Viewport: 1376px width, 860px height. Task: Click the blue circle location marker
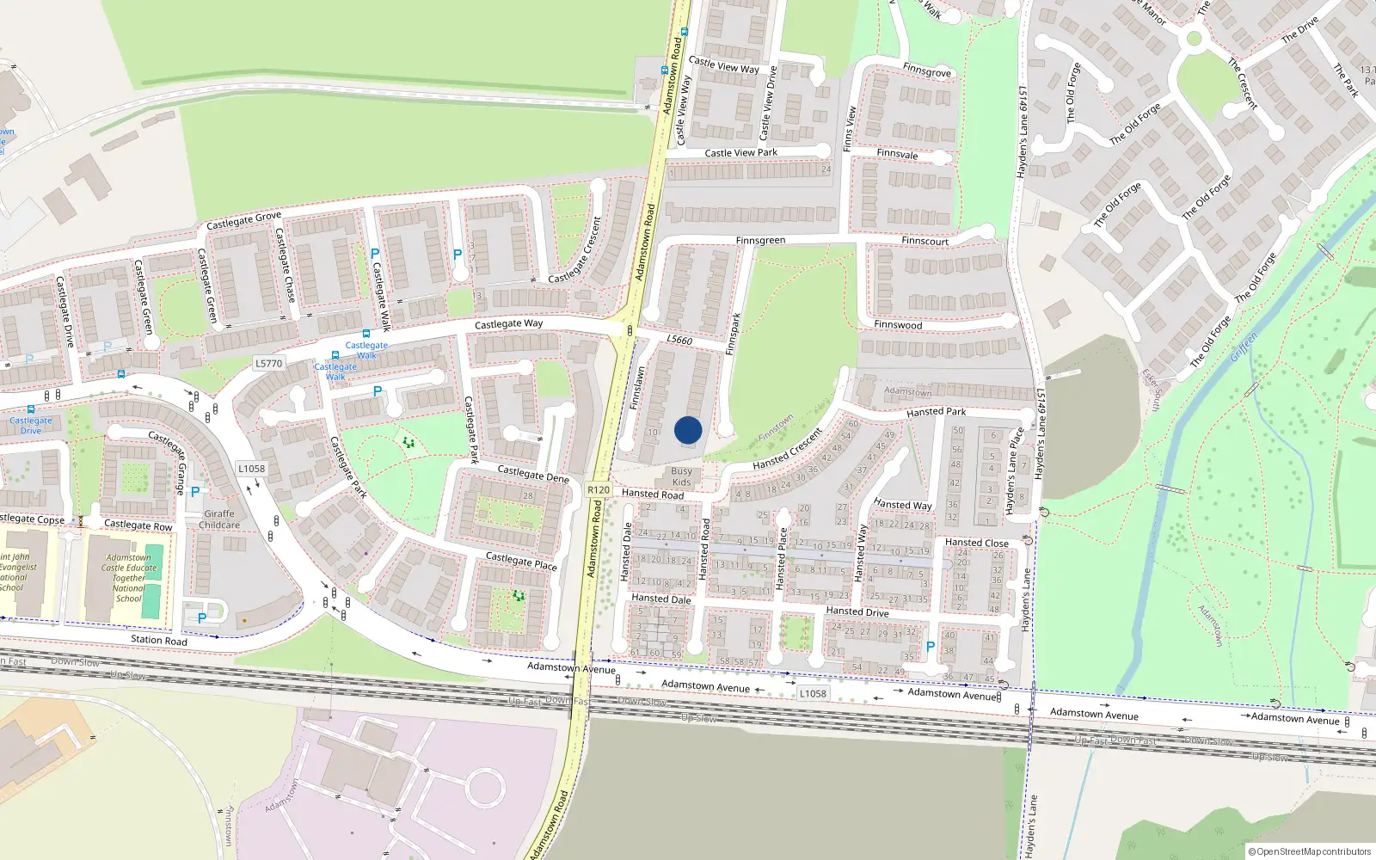click(688, 430)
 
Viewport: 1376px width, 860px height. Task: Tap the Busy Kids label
click(681, 476)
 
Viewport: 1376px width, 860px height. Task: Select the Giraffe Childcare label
click(219, 519)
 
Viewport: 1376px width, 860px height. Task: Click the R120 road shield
click(599, 490)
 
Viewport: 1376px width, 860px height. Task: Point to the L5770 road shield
click(268, 364)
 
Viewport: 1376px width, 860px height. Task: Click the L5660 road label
click(679, 340)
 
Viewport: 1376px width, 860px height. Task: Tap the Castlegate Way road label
click(508, 324)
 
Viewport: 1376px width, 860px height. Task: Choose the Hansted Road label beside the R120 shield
click(653, 494)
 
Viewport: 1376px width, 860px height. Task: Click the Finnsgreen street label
click(760, 241)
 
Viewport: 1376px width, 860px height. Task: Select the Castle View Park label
click(740, 153)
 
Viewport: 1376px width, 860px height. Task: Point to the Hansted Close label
click(976, 543)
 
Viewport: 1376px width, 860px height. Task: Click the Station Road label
click(159, 640)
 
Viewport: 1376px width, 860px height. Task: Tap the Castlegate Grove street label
click(243, 220)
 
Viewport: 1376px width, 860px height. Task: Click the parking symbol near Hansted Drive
click(930, 647)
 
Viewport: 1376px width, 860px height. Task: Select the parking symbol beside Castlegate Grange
click(195, 492)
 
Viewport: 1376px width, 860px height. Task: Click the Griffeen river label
click(1244, 347)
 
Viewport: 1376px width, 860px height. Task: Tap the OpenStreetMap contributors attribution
click(1310, 851)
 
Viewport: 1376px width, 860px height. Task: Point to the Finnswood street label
click(898, 325)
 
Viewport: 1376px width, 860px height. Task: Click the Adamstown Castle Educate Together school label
click(129, 578)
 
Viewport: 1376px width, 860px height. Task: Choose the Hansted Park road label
click(936, 412)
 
